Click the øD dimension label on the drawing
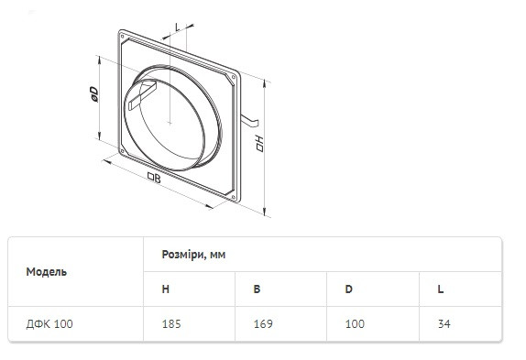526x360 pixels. click(93, 94)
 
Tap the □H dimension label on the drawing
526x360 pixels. click(259, 144)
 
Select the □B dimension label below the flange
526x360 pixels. click(154, 178)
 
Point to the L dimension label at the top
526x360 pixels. click(178, 27)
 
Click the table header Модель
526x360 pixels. click(47, 272)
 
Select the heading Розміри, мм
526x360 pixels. click(193, 255)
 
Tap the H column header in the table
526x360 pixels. click(165, 289)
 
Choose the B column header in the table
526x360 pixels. click(257, 289)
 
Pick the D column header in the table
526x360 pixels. click(348, 289)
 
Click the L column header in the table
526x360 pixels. click(441, 289)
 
